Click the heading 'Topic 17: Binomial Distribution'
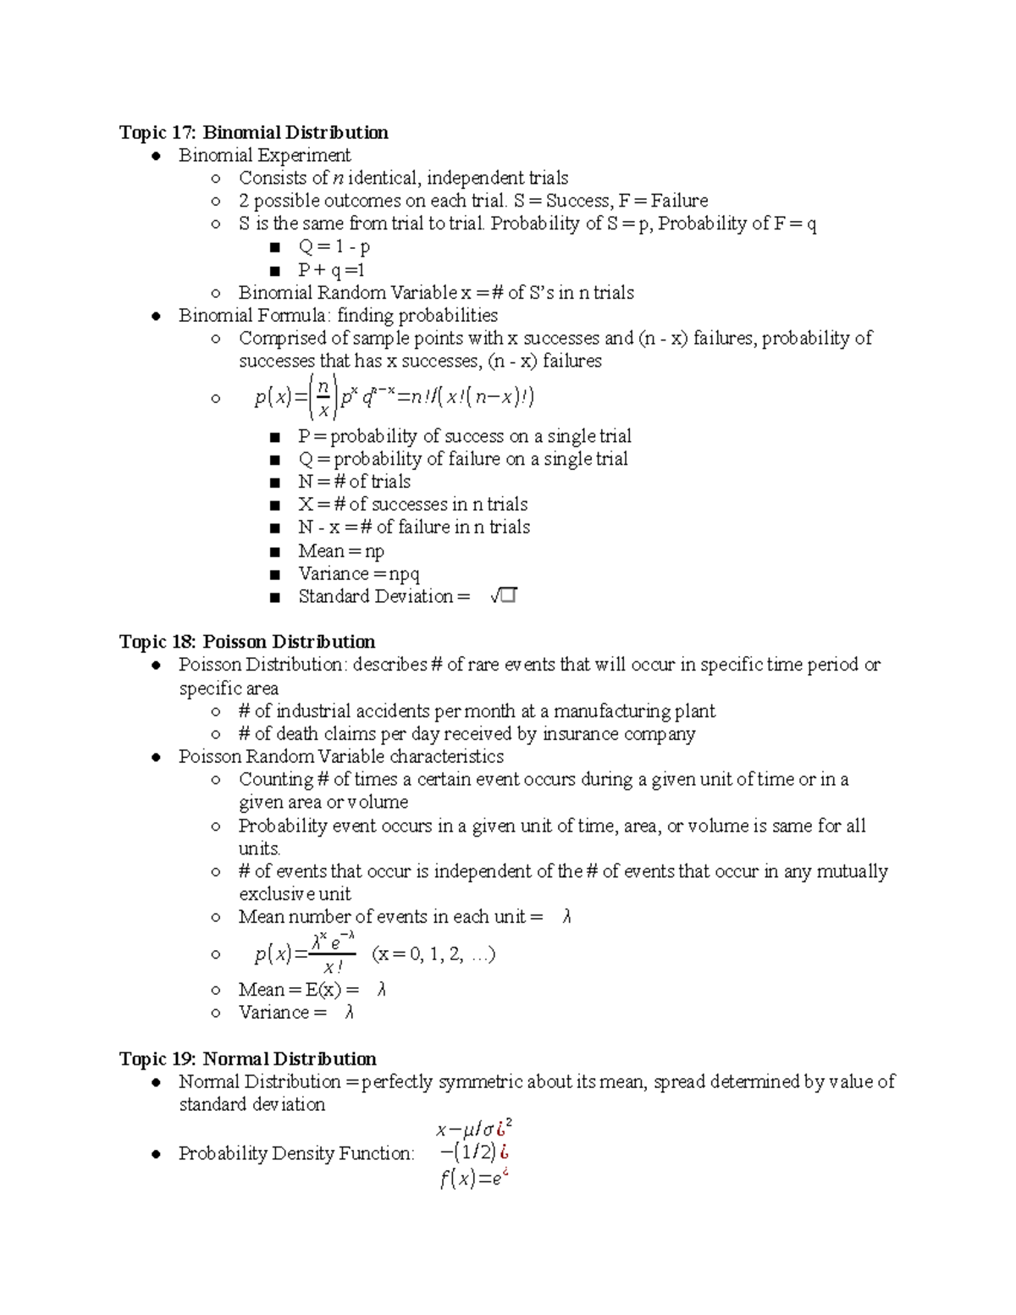tap(254, 132)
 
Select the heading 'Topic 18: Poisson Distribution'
tap(247, 642)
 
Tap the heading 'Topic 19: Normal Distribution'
tap(248, 1058)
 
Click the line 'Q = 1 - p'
tap(334, 246)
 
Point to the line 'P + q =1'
tap(331, 270)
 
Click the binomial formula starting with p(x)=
tap(394, 397)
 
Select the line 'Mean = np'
tap(341, 551)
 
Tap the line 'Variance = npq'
tap(359, 574)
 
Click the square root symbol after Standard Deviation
tap(503, 597)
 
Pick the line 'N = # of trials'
tap(354, 482)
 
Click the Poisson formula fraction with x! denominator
tap(333, 954)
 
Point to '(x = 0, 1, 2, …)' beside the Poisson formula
tap(433, 954)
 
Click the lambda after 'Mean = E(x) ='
tap(382, 989)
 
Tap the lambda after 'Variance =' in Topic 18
tap(349, 1012)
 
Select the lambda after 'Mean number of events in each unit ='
tap(566, 916)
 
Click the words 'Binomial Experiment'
tap(264, 155)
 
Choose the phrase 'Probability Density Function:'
tap(296, 1153)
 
